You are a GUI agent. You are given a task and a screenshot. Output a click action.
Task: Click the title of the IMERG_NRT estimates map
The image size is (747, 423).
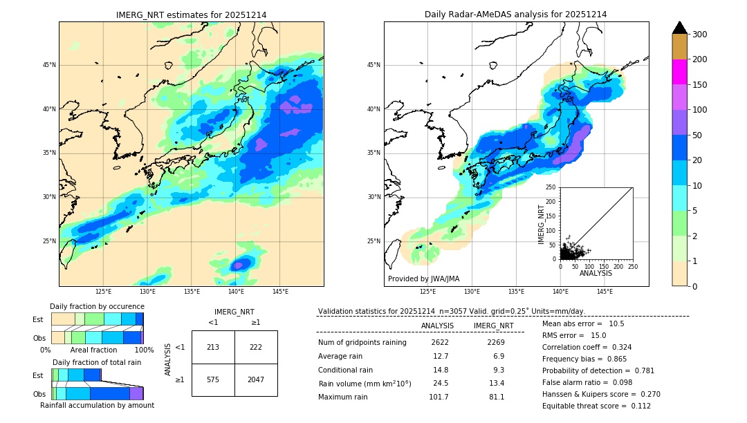(x=191, y=15)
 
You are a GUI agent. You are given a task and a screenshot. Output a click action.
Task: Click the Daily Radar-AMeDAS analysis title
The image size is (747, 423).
(x=516, y=15)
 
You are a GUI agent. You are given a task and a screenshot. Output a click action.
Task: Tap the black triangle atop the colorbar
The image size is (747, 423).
(x=680, y=28)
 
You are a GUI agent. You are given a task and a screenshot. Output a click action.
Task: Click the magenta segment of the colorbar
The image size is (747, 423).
(x=680, y=72)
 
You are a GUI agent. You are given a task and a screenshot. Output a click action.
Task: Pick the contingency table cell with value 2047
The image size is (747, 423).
(x=256, y=379)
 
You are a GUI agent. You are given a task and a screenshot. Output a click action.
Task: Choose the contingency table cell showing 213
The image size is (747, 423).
(x=213, y=347)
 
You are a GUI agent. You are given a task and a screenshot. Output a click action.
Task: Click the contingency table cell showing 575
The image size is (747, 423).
(x=213, y=379)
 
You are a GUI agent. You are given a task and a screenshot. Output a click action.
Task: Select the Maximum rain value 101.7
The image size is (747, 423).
(x=438, y=397)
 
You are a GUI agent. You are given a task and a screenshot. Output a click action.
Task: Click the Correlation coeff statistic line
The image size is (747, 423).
(x=587, y=347)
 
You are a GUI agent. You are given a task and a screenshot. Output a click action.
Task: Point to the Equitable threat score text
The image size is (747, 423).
(x=596, y=406)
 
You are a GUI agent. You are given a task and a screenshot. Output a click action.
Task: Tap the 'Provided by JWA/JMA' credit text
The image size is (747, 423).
(x=423, y=279)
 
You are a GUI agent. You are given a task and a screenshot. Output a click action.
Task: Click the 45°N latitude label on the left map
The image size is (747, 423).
(x=49, y=65)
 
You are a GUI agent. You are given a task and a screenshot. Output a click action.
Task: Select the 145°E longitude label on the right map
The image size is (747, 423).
(x=605, y=292)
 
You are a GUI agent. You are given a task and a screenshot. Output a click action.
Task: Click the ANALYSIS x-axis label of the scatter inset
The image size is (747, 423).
(x=596, y=273)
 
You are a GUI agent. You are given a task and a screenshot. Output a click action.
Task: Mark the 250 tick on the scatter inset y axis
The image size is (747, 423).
(x=551, y=187)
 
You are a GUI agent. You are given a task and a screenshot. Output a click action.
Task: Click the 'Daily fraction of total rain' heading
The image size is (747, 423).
(x=97, y=362)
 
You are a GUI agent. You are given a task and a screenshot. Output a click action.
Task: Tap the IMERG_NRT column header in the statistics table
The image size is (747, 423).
(x=493, y=326)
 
